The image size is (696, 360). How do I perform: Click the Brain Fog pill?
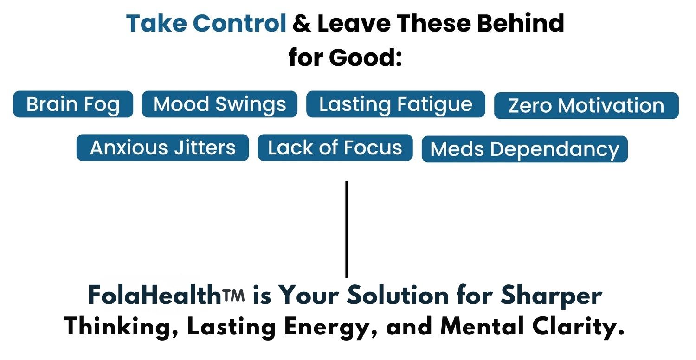(x=73, y=104)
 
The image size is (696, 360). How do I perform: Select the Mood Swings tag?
(x=219, y=104)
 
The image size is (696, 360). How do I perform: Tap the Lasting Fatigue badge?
(x=395, y=104)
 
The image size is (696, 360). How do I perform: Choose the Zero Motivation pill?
(x=586, y=106)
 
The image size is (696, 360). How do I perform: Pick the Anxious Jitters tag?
(x=163, y=148)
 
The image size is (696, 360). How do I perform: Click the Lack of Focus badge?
(x=335, y=148)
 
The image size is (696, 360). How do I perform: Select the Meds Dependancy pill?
(x=525, y=149)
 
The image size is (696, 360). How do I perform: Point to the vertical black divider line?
(x=347, y=229)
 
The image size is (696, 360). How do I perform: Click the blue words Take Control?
(x=206, y=23)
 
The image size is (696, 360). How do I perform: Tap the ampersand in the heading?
(x=302, y=24)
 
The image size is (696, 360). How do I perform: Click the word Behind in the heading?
(x=521, y=23)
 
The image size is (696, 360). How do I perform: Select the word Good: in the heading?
(x=366, y=58)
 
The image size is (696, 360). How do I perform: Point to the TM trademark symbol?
(x=233, y=295)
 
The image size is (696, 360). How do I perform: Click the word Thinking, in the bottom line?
(x=122, y=328)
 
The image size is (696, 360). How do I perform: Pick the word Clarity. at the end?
(x=578, y=328)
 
